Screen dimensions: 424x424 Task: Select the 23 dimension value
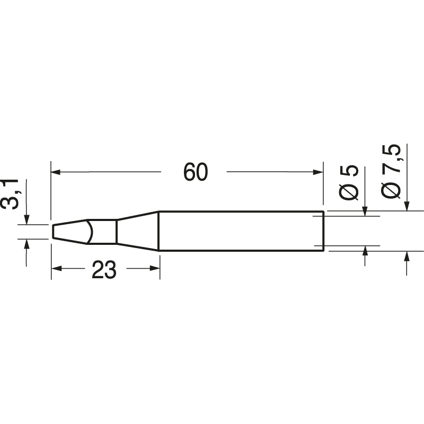click(x=104, y=270)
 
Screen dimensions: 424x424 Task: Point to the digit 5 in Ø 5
click(x=349, y=172)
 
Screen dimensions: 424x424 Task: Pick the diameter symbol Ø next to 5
click(x=349, y=192)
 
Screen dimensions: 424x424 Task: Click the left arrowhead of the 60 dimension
click(x=56, y=172)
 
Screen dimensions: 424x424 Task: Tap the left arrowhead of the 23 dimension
click(x=56, y=269)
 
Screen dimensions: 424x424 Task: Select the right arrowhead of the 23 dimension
click(x=155, y=269)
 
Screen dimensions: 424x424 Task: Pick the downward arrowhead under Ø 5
click(x=365, y=211)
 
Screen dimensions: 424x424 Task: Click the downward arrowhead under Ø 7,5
click(x=406, y=207)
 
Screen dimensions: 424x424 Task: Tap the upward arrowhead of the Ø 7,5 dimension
click(x=406, y=256)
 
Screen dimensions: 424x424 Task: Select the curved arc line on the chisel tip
click(x=93, y=232)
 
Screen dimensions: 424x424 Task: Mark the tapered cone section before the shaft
click(x=138, y=232)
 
